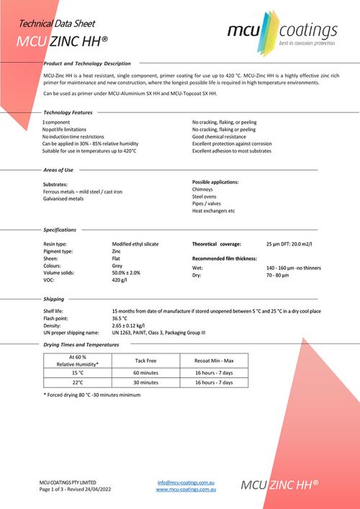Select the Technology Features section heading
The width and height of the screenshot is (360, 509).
click(68, 112)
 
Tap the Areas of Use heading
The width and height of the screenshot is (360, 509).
click(58, 170)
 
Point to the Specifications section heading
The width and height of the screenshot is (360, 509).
click(60, 230)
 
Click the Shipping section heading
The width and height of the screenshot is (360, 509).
click(53, 298)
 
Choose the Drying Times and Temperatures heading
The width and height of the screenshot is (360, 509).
click(81, 345)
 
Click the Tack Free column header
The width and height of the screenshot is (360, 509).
click(146, 360)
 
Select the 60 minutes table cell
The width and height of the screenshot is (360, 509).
click(146, 373)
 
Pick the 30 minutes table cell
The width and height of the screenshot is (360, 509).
click(146, 382)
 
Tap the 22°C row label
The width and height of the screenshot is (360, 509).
click(78, 382)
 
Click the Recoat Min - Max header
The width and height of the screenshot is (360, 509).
click(215, 360)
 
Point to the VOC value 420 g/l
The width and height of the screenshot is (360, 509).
click(121, 281)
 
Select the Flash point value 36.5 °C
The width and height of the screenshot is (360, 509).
click(120, 317)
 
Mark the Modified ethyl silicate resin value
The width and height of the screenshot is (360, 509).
click(135, 245)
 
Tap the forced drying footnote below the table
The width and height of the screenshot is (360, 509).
click(91, 395)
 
